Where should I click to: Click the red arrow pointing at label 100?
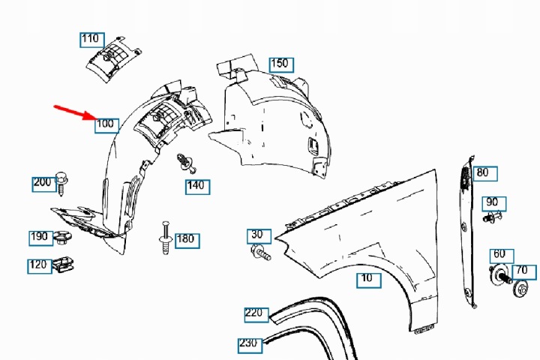click(x=75, y=112)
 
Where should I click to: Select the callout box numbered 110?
click(x=92, y=40)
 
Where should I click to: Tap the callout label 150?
click(x=281, y=64)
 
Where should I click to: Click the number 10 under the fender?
click(x=369, y=280)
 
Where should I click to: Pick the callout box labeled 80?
click(x=485, y=173)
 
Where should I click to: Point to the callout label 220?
click(x=256, y=314)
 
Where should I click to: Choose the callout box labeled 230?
click(x=250, y=345)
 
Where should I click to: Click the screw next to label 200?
click(x=61, y=183)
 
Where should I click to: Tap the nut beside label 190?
click(x=62, y=237)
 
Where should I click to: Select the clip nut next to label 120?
click(x=63, y=265)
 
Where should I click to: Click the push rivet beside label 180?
click(x=166, y=238)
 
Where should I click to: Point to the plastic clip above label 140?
click(x=186, y=163)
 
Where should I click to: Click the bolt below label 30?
click(x=261, y=253)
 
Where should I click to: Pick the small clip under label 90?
click(x=492, y=217)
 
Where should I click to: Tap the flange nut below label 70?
click(x=521, y=289)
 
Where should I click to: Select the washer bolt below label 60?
click(x=499, y=274)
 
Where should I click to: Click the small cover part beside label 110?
click(x=113, y=59)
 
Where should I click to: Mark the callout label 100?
click(x=106, y=126)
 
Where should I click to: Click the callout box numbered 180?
click(x=187, y=241)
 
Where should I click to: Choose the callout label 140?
click(x=198, y=187)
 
